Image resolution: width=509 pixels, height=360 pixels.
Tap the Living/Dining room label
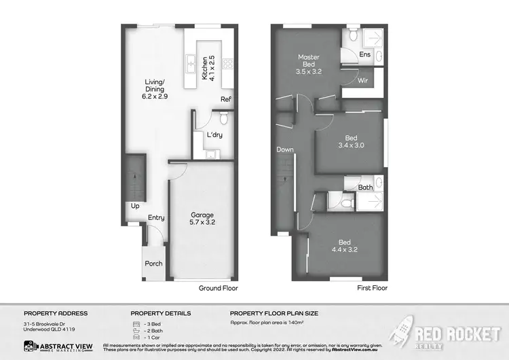point(155,91)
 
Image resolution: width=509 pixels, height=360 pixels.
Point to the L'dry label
point(214,134)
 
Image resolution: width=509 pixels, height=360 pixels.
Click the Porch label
point(153,263)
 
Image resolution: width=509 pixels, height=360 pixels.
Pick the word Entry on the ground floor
point(157,217)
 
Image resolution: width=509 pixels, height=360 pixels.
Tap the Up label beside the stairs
point(136,205)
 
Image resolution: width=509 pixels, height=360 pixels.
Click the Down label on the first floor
point(284,149)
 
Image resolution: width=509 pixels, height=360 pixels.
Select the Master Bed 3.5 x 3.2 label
point(308,64)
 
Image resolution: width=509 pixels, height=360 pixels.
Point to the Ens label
point(365,54)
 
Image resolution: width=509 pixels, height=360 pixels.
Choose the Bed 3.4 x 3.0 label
point(351,140)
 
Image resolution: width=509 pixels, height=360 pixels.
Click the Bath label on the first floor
point(366,187)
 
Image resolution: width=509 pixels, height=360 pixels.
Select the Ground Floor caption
point(219,288)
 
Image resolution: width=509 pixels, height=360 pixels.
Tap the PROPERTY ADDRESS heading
point(56,313)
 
